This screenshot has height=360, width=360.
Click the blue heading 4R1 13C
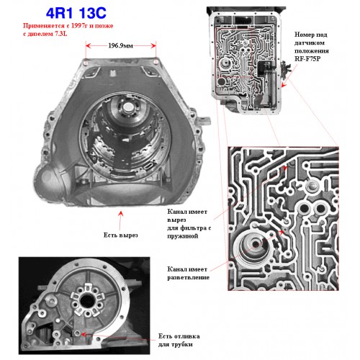76,13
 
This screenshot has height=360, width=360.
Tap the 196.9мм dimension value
120,45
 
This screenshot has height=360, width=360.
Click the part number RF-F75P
307,59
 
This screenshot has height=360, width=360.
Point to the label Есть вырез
121,235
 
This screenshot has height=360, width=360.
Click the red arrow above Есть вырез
121,220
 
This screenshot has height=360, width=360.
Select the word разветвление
189,277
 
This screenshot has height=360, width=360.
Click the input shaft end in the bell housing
128,107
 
